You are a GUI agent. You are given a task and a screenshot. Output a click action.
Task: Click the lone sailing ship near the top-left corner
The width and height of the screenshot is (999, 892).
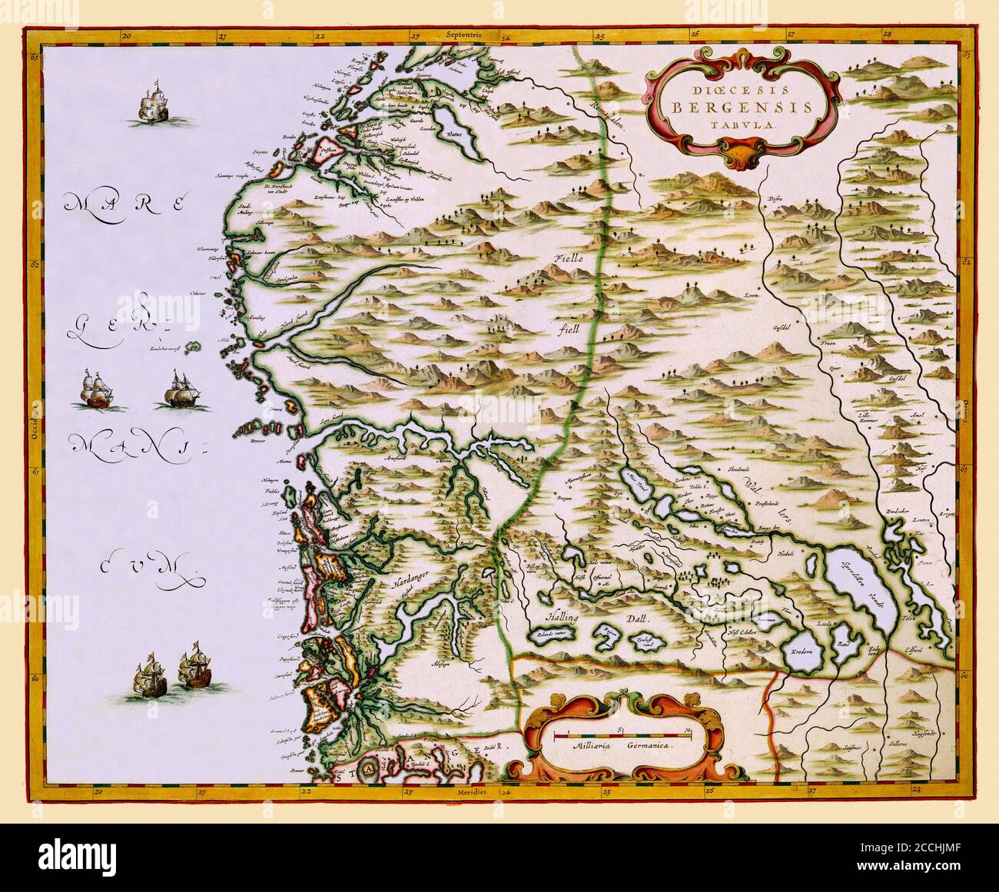(154, 104)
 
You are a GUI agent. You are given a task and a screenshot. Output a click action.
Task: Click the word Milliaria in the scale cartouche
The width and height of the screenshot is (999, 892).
(587, 744)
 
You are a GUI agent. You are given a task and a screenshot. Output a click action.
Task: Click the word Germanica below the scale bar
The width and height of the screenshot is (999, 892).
(644, 744)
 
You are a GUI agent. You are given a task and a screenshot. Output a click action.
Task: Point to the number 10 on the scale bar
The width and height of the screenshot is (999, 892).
(689, 728)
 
